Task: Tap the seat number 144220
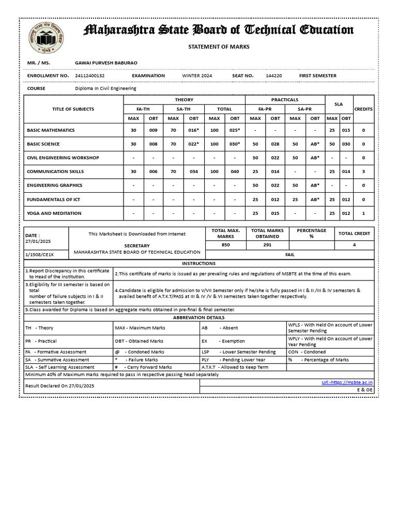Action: coord(274,76)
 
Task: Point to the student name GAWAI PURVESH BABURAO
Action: coord(106,63)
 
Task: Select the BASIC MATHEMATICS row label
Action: coord(51,130)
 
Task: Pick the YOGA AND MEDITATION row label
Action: coord(54,213)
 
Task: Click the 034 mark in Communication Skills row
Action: coord(193,172)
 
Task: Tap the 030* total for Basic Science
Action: coord(235,144)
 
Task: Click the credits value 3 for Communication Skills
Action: coord(363,172)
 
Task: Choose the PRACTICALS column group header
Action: coord(285,100)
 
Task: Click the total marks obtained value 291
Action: coord(267,245)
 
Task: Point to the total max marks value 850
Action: coord(225,245)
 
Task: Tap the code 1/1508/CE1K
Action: coord(40,255)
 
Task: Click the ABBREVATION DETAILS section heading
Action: coord(198,317)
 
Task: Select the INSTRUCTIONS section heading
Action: coord(198,263)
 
